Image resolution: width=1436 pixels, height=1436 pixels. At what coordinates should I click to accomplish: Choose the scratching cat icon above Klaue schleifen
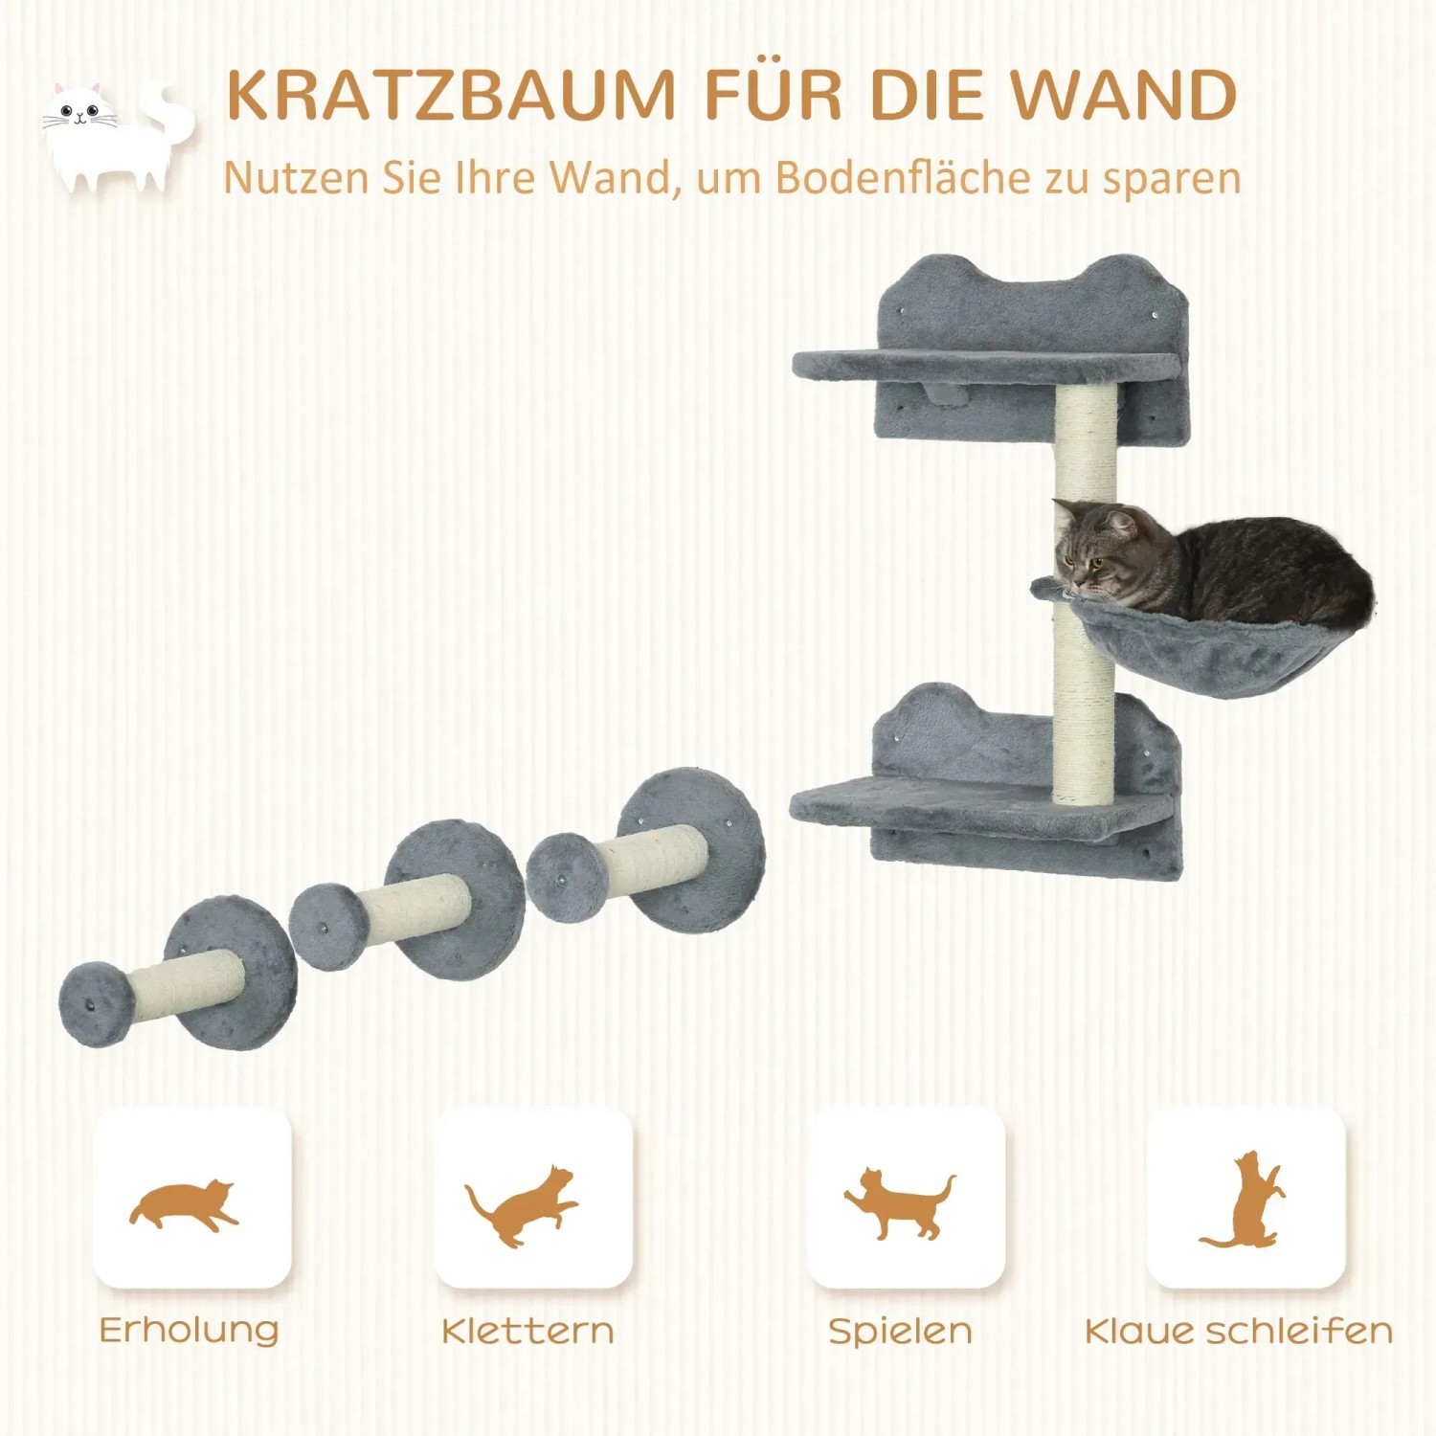click(x=1244, y=1200)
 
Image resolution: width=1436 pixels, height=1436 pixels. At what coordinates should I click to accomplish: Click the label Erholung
click(x=189, y=1331)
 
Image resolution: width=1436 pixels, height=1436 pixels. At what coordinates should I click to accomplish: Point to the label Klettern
click(x=527, y=1331)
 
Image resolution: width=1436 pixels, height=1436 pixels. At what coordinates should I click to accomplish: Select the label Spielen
click(x=900, y=1331)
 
